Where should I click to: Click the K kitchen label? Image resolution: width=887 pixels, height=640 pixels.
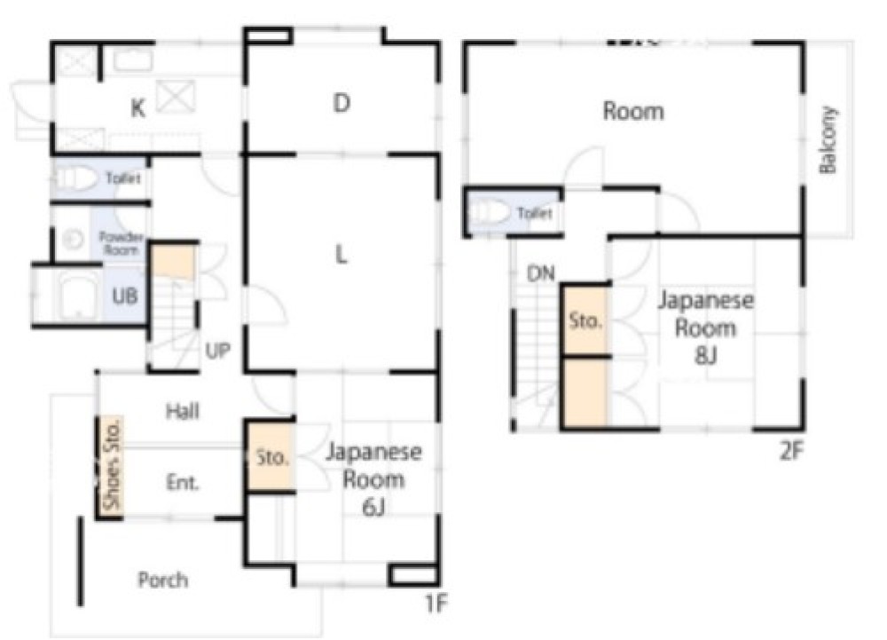point(138,107)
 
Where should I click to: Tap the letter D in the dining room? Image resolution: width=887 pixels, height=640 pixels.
point(341,103)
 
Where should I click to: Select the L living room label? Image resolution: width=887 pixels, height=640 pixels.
point(341,256)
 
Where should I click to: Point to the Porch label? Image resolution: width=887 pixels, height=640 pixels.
point(163,580)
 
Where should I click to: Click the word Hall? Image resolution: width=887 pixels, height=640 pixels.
point(182,411)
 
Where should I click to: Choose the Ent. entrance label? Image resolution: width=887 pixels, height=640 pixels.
point(183,482)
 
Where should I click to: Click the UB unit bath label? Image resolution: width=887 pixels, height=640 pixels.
point(124,296)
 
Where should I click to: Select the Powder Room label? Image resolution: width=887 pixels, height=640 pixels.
point(121,243)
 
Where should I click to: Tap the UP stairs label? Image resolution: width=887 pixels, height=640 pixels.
point(218,351)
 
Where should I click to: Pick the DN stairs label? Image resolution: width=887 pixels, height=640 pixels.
point(541,274)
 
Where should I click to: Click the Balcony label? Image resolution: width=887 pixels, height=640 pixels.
point(828,139)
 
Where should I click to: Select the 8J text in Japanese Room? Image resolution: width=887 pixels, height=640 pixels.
point(705,356)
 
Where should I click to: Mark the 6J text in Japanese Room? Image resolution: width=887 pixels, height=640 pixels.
point(373,508)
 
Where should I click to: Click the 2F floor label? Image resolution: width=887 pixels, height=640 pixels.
point(791,451)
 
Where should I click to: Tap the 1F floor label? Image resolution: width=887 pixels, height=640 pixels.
point(436,604)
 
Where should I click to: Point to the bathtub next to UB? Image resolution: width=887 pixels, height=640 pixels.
point(78,296)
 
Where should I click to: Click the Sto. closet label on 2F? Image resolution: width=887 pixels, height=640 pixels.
point(585,320)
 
